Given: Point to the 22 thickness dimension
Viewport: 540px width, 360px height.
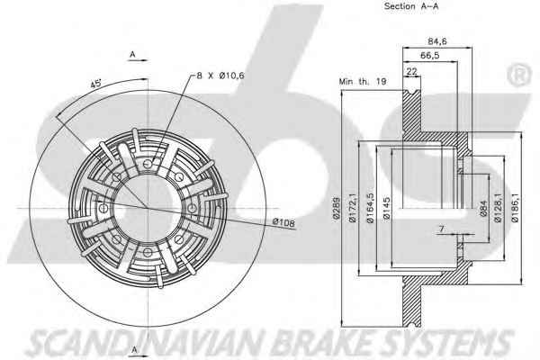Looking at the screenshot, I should click(x=411, y=71).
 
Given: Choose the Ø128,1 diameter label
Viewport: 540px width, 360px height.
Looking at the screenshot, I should click(x=498, y=214).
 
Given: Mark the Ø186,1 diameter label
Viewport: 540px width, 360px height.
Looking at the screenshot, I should click(x=514, y=214).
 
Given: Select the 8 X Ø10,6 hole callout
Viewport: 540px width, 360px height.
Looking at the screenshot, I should click(x=225, y=76).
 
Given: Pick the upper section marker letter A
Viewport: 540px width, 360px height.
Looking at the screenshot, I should click(x=132, y=56).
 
